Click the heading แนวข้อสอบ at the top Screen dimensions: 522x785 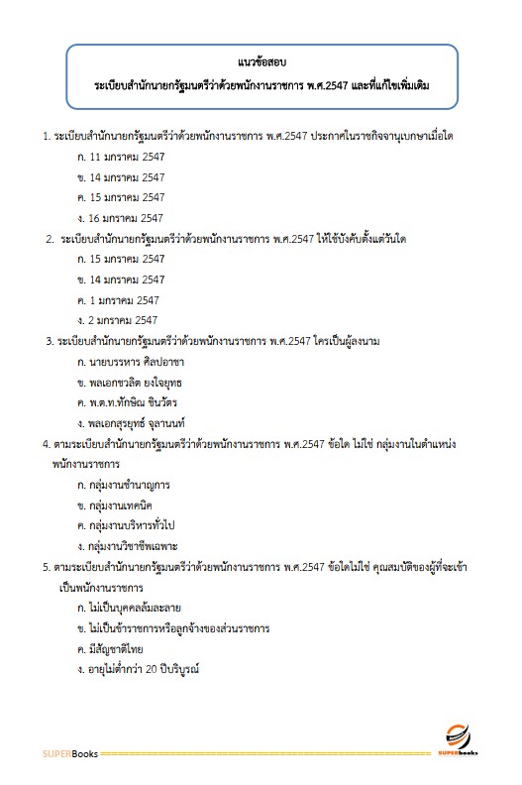point(261,62)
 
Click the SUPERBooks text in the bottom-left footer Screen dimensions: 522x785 point(69,754)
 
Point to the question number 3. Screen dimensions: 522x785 point(49,341)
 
